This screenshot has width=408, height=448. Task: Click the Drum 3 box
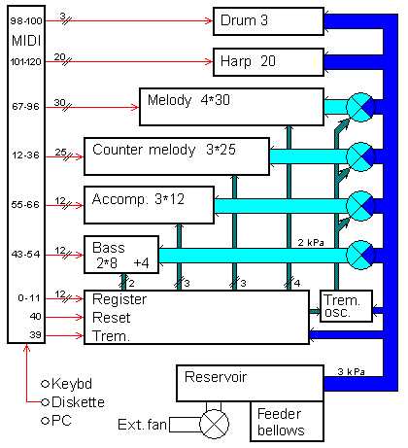(268, 20)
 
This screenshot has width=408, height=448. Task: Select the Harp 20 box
(268, 62)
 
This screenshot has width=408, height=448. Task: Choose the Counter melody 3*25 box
(175, 153)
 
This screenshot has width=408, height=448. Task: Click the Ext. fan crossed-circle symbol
(214, 425)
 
